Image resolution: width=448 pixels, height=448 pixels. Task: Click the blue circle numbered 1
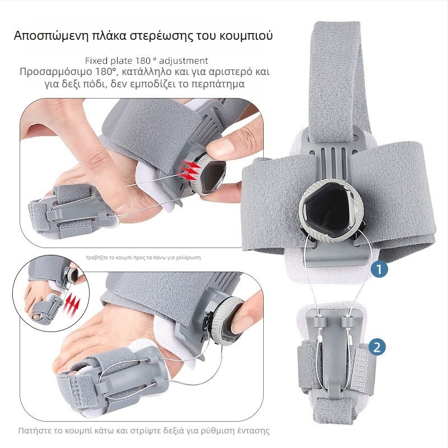pos(379,269)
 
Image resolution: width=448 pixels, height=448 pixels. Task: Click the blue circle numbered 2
pos(378,347)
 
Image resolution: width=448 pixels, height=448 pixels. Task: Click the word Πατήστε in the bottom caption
pos(35,431)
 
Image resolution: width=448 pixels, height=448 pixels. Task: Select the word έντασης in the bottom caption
pos(253,431)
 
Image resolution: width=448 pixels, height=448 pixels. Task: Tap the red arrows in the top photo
pos(191,169)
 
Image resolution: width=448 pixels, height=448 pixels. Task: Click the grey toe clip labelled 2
pos(334,353)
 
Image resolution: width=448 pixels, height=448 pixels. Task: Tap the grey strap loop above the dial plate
pos(334,84)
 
